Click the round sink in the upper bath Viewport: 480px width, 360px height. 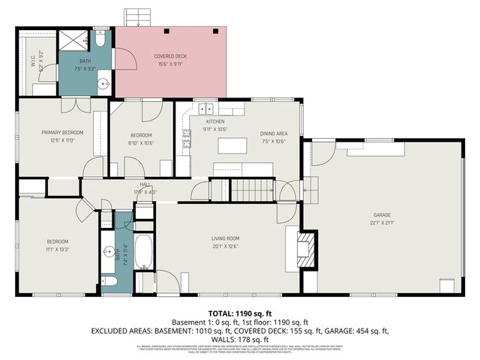(x=104, y=83)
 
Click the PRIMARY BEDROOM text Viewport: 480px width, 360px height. (x=62, y=132)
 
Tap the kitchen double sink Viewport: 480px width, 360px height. (x=203, y=108)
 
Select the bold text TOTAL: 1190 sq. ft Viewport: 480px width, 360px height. (x=239, y=313)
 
